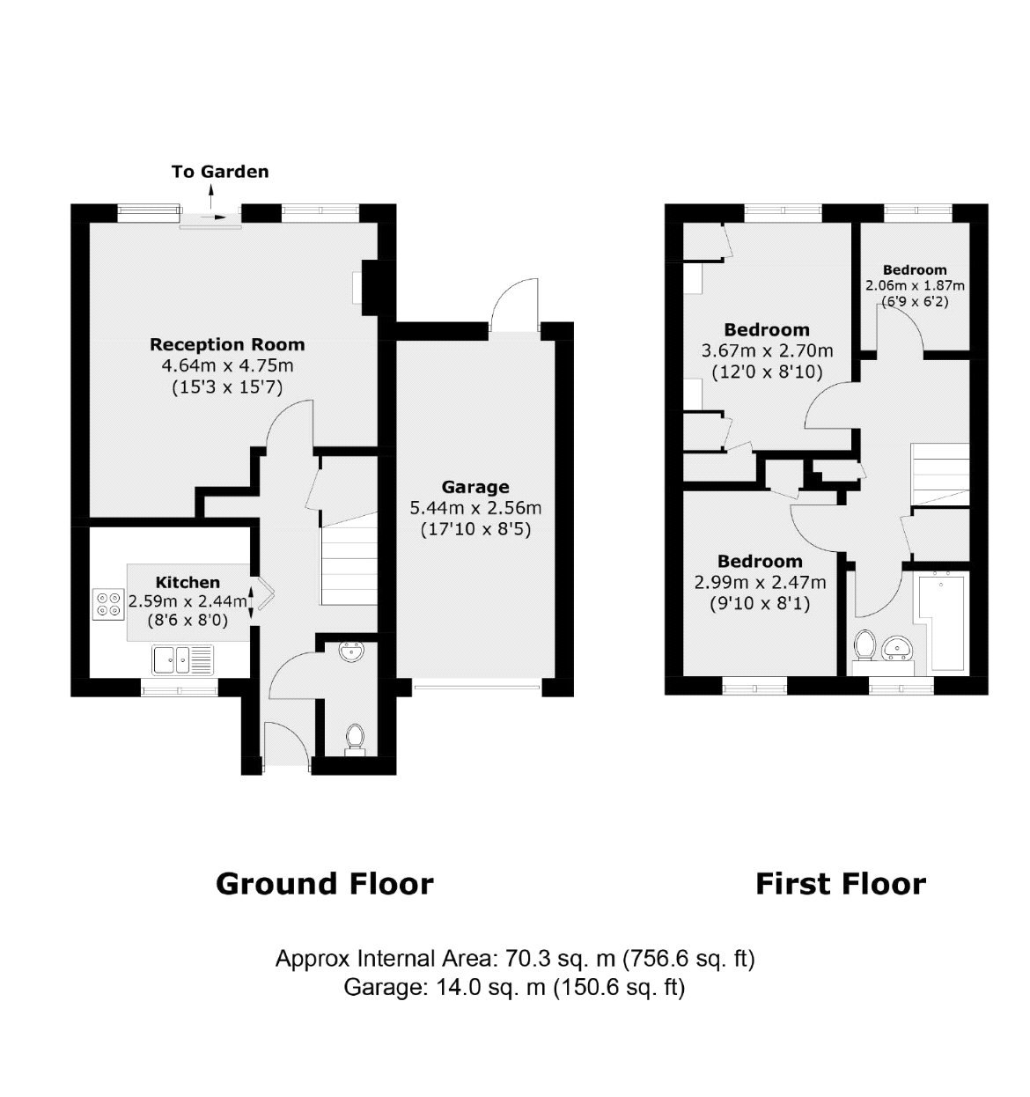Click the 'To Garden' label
[220, 172]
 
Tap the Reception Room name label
[227, 344]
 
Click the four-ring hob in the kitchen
[110, 603]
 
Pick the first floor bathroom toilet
[864, 644]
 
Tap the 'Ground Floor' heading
[325, 884]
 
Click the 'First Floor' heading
[841, 884]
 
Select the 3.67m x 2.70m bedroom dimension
[767, 350]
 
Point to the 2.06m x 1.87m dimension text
[915, 286]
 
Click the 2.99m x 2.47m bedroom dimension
[761, 582]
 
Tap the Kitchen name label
[188, 582]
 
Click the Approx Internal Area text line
[515, 958]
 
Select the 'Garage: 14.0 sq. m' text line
[515, 988]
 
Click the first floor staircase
[940, 475]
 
